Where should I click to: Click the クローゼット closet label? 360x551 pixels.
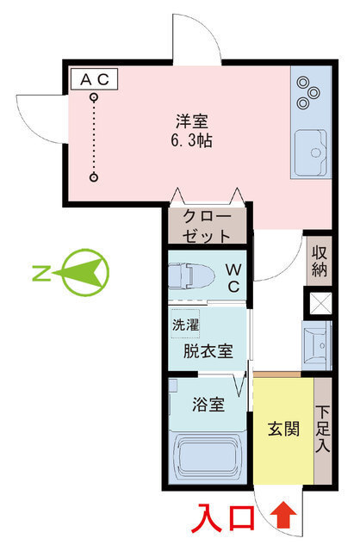pyautogui.click(x=207, y=226)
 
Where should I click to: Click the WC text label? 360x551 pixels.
pyautogui.click(x=233, y=278)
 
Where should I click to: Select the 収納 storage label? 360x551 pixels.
pyautogui.click(x=319, y=260)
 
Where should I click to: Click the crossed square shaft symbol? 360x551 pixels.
pyautogui.click(x=320, y=303)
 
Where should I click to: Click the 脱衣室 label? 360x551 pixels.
pyautogui.click(x=207, y=351)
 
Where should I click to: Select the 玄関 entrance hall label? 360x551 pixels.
pyautogui.click(x=283, y=428)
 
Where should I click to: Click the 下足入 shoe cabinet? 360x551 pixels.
pyautogui.click(x=323, y=428)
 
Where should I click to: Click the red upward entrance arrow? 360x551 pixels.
pyautogui.click(x=287, y=517)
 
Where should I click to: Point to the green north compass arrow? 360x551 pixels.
pyautogui.click(x=83, y=273)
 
